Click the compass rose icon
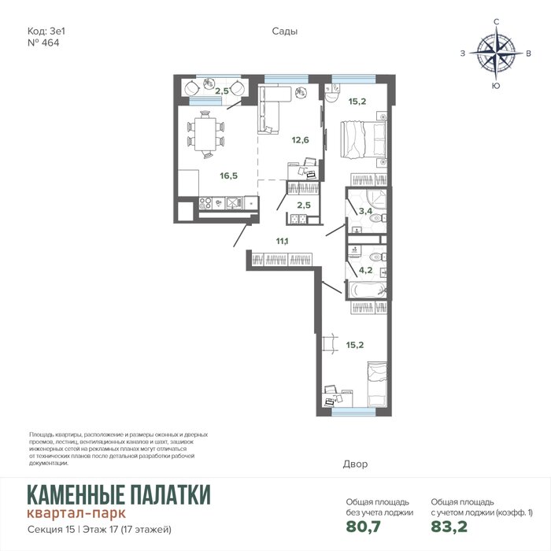pos(496,54)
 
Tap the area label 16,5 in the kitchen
pos(229,176)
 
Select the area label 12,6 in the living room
pos(300,140)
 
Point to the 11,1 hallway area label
pos(282,241)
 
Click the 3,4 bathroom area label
pos(365,211)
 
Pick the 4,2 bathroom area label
pos(365,270)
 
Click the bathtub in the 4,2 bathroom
pos(368,290)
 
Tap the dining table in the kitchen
pos(205,135)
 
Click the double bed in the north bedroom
pos(363,140)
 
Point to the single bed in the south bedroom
pos(377,384)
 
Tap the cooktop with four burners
pos(205,203)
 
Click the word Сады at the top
pos(285,31)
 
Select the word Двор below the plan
pos(355,464)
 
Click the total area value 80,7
pos(364,527)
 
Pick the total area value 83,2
pos(449,527)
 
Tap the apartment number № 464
pos(43,43)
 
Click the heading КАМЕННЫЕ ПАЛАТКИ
pos(119,494)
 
